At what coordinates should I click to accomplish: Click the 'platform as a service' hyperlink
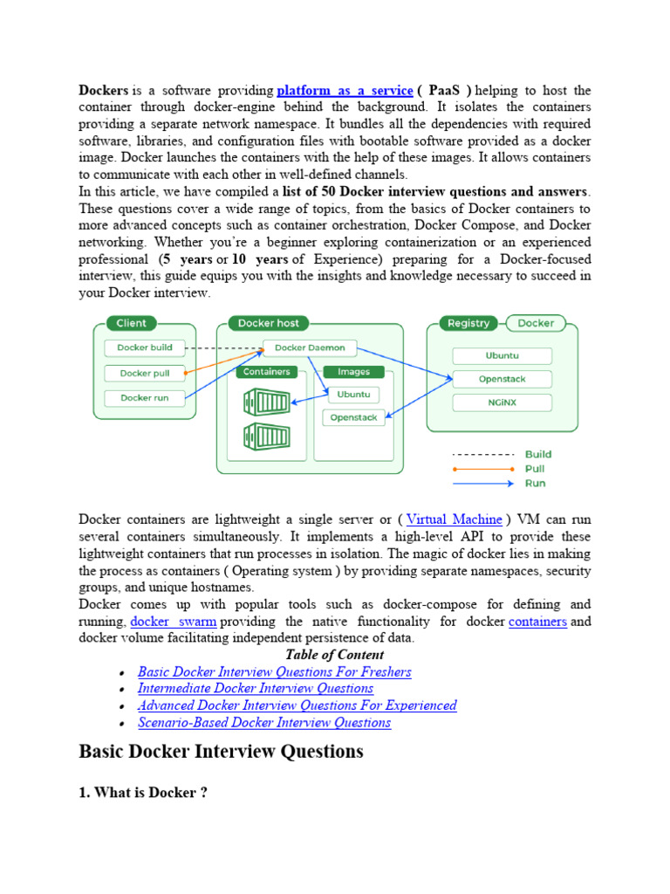345,91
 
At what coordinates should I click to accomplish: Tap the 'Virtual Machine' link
455,519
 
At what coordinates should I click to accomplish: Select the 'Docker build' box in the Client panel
145,347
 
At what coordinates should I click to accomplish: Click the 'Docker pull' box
145,373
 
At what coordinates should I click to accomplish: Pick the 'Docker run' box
145,398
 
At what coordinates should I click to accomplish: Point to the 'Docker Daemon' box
310,347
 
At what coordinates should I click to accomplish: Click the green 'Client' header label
132,323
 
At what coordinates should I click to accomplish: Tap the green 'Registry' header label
468,323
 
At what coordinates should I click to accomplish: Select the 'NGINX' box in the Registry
502,402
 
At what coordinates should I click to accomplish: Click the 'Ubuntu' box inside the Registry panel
502,356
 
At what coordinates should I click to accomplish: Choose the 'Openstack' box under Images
353,417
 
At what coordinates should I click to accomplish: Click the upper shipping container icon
268,402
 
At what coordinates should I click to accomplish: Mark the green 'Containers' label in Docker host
266,372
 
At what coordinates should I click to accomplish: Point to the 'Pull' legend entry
536,469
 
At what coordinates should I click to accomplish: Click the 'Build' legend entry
537,454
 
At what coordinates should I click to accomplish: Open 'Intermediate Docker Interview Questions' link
256,689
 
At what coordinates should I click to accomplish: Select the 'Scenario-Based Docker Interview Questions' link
264,722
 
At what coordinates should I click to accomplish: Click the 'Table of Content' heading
334,655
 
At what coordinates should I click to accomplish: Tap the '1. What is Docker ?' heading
143,793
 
